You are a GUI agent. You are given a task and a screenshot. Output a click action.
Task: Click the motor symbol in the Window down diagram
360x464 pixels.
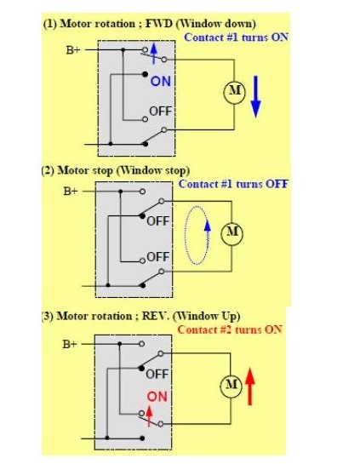pyautogui.click(x=235, y=92)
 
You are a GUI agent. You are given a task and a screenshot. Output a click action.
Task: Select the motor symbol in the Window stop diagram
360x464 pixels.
pyautogui.click(x=232, y=233)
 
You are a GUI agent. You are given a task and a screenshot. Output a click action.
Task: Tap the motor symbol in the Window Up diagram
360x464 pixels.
pyautogui.click(x=231, y=387)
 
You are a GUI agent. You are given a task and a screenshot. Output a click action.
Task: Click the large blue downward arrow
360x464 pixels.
pyautogui.click(x=256, y=97)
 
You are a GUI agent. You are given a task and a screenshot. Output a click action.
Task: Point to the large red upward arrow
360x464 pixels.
pyautogui.click(x=250, y=387)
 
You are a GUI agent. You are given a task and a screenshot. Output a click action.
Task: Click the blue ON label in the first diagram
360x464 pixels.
pyautogui.click(x=161, y=82)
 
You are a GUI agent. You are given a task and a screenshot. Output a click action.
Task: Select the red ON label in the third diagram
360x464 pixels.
pyautogui.click(x=157, y=397)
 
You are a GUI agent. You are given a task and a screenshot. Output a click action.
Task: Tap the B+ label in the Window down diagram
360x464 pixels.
pyautogui.click(x=73, y=50)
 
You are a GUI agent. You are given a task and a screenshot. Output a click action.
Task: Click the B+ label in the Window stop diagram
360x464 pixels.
pyautogui.click(x=71, y=192)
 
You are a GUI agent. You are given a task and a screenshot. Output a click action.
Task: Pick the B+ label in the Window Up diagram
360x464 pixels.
pyautogui.click(x=70, y=344)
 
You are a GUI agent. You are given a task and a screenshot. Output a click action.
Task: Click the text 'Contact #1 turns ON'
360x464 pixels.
pyautogui.click(x=236, y=37)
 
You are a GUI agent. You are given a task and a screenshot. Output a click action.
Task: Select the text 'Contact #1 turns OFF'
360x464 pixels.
pyautogui.click(x=233, y=184)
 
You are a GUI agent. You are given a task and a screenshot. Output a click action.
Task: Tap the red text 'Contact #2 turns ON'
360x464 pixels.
pyautogui.click(x=230, y=329)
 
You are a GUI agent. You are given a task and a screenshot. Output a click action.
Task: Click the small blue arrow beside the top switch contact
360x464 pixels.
pyautogui.click(x=153, y=54)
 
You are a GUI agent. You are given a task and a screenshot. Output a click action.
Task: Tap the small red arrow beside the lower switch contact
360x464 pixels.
pyautogui.click(x=150, y=416)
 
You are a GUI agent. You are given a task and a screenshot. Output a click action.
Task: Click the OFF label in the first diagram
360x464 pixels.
pyautogui.click(x=161, y=112)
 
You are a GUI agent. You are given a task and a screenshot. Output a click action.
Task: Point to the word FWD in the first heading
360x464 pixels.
pyautogui.click(x=159, y=24)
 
